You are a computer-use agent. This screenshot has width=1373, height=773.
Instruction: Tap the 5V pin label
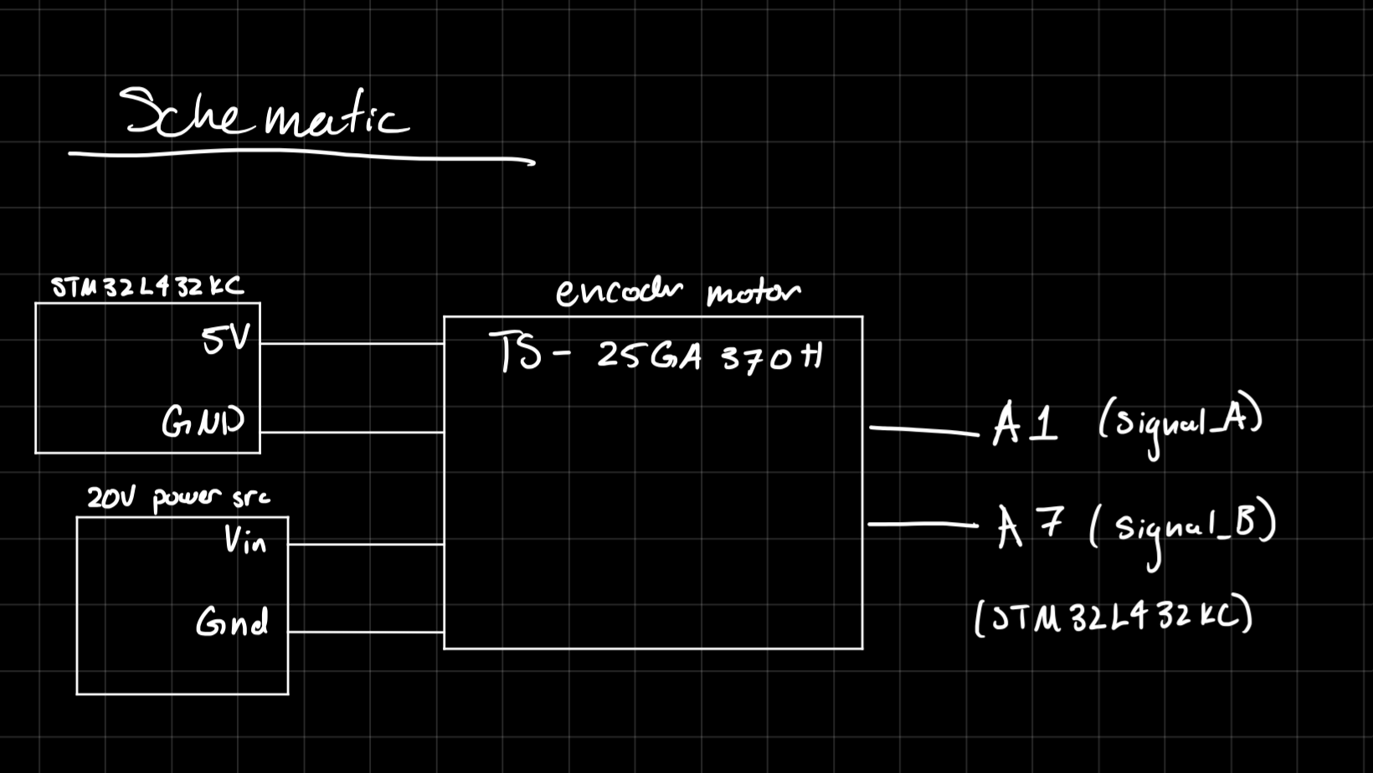tap(225, 339)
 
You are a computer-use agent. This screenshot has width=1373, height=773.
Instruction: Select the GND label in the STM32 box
tap(203, 421)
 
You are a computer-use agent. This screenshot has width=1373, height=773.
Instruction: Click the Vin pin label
tap(244, 540)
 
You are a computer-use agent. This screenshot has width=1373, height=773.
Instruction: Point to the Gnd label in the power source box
tap(232, 622)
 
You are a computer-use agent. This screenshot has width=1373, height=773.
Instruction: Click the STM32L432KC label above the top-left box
tap(147, 287)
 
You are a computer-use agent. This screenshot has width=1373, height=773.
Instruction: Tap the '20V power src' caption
tap(178, 498)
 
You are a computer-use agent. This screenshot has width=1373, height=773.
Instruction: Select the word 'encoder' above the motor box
tap(619, 292)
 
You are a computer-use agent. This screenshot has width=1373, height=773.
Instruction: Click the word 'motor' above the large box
tap(753, 293)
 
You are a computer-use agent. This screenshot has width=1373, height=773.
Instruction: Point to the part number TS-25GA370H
tap(657, 355)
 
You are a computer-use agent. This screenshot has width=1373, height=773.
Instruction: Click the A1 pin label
tap(1025, 424)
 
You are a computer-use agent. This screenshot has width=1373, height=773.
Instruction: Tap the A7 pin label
tap(1029, 526)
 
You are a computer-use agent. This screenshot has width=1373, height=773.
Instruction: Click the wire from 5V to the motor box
tap(352, 343)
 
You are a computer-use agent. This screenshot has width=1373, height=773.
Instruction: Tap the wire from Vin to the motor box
tap(366, 545)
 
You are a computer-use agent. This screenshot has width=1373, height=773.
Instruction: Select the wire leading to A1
tap(923, 430)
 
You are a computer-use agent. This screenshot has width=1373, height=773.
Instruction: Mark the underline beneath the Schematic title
tap(301, 155)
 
